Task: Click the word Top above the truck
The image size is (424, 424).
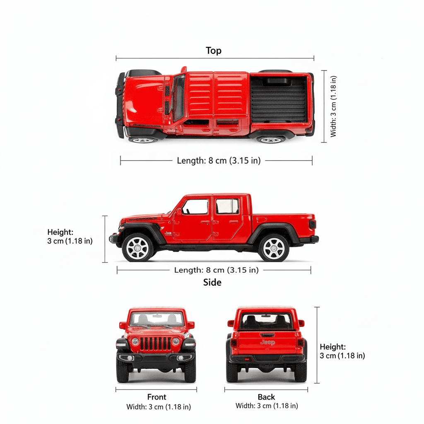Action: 214,51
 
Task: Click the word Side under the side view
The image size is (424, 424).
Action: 212,282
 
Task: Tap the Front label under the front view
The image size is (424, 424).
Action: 157,397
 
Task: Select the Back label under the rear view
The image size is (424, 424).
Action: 266,397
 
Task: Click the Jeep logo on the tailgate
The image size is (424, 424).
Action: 267,342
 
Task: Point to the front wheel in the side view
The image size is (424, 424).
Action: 137,248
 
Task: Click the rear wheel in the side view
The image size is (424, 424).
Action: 274,248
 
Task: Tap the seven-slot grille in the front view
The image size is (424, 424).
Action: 156,343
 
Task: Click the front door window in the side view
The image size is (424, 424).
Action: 195,207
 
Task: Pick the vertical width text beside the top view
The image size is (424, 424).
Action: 333,106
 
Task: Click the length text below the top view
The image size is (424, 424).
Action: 219,161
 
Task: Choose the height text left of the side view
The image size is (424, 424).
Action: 70,236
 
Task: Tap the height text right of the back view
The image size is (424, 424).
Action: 342,351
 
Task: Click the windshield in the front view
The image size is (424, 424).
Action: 157,319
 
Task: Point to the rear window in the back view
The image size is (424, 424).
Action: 266,321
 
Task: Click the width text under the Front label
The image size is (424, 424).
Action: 159,407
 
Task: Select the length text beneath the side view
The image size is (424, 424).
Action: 216,270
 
